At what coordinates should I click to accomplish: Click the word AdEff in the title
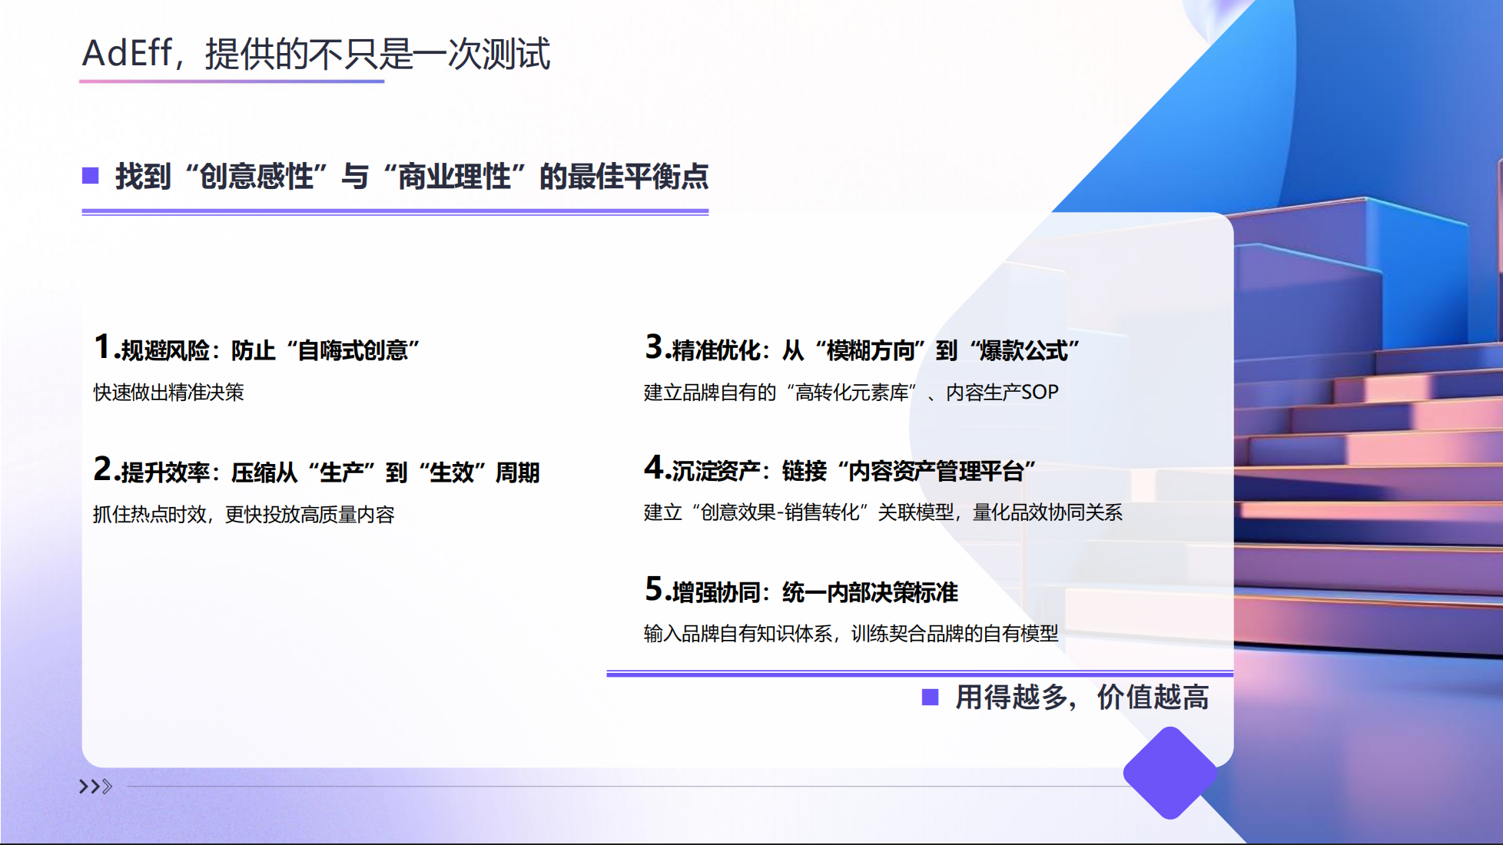(127, 54)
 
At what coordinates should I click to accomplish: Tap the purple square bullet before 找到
(91, 176)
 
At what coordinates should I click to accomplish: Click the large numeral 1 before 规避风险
(102, 346)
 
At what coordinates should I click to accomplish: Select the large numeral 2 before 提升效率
(103, 469)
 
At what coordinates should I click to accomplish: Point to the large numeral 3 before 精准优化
(654, 346)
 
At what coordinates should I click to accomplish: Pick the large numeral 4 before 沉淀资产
(654, 467)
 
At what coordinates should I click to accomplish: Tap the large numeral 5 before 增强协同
(654, 589)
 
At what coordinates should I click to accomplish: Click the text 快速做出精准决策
(168, 393)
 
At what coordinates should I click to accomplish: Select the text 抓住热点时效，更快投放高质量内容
(244, 515)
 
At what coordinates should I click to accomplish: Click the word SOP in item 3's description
(1040, 393)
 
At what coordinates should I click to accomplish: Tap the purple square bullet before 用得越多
(930, 697)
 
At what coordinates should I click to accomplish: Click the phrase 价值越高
(1153, 698)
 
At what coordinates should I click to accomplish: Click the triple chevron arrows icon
(95, 787)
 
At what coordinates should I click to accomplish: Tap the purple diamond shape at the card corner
(1170, 773)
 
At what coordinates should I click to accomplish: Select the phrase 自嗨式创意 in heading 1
(353, 351)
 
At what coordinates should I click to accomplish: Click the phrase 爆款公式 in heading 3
(1024, 351)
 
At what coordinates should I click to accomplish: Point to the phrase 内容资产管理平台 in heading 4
(936, 471)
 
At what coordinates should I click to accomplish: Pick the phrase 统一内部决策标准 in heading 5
(870, 593)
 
